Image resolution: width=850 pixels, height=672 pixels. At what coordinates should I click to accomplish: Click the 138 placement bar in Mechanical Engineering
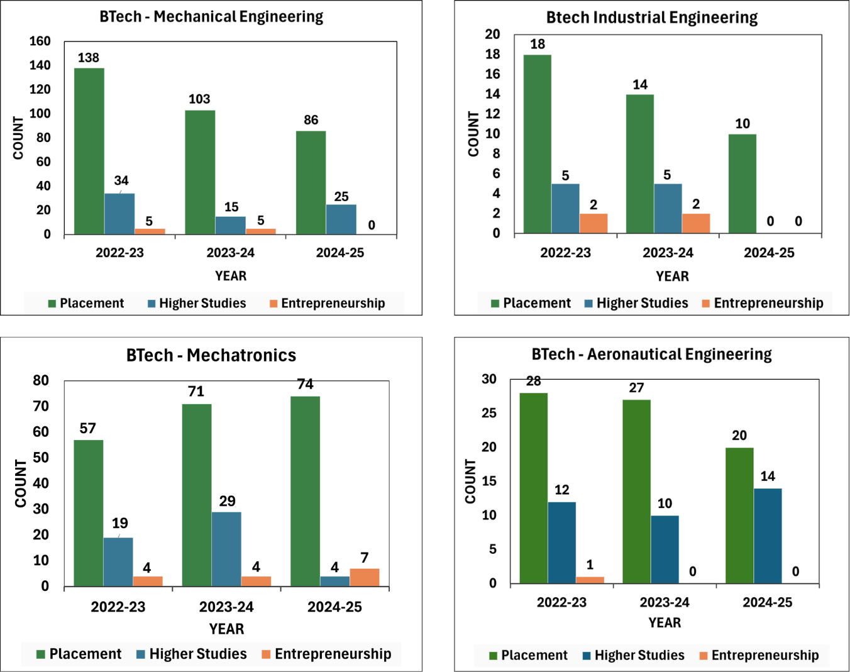pos(89,151)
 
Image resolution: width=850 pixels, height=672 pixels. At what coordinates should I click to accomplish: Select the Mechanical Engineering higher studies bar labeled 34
pos(119,214)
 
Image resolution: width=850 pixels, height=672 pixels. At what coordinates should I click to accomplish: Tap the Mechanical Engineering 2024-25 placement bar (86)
pos(311,182)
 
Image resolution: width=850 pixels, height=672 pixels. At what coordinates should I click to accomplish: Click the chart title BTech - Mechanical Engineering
pos(211,16)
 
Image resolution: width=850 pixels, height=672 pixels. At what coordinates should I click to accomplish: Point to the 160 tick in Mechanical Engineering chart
pos(40,41)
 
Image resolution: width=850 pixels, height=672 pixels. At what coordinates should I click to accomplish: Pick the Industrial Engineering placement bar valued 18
pos(537,144)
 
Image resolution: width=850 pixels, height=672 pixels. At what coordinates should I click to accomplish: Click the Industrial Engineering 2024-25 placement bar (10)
pos(742,184)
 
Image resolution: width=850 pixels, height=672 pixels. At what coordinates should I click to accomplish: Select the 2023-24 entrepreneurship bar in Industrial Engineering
pos(696,223)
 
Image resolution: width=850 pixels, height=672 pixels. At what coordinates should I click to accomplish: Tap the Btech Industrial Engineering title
pos(652,18)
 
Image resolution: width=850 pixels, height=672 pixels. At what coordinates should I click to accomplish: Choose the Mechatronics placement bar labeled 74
pos(305,491)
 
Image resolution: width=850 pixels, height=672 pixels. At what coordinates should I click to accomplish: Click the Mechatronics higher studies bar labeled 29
pos(226,549)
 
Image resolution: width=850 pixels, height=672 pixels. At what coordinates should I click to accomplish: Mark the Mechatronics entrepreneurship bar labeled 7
pos(365,577)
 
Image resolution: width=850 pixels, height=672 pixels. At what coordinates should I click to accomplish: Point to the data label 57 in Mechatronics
pos(88,429)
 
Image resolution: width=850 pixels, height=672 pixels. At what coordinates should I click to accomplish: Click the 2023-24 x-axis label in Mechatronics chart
pos(226,607)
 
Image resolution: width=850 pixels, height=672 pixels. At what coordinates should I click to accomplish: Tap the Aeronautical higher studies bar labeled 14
pos(768,536)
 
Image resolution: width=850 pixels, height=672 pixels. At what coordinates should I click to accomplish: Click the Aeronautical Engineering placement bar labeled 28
pos(533,488)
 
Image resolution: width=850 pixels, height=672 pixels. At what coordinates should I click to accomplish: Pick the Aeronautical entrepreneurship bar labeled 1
pos(590,580)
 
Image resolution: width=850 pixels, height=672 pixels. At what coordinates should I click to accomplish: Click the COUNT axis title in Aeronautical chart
pos(470,481)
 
